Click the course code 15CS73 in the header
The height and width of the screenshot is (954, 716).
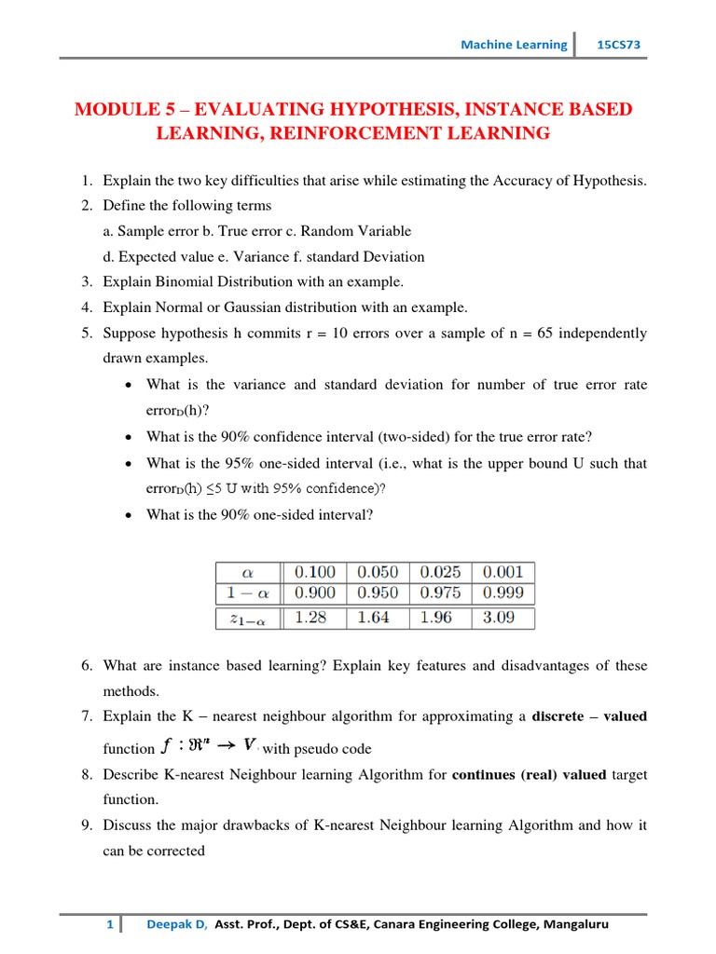pos(619,44)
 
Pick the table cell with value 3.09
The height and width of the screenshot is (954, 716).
pos(503,618)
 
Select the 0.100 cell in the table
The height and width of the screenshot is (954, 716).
pos(316,572)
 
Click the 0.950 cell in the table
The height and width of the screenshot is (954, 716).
pos(378,593)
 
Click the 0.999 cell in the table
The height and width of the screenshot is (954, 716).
pos(503,593)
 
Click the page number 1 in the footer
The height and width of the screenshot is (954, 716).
pos(110,925)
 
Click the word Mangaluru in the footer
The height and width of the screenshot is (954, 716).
pos(575,925)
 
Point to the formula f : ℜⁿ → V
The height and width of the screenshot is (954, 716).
pos(210,745)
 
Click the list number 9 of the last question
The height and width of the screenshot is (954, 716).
pos(85,825)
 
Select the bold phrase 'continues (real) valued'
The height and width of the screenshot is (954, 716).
pos(529,774)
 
